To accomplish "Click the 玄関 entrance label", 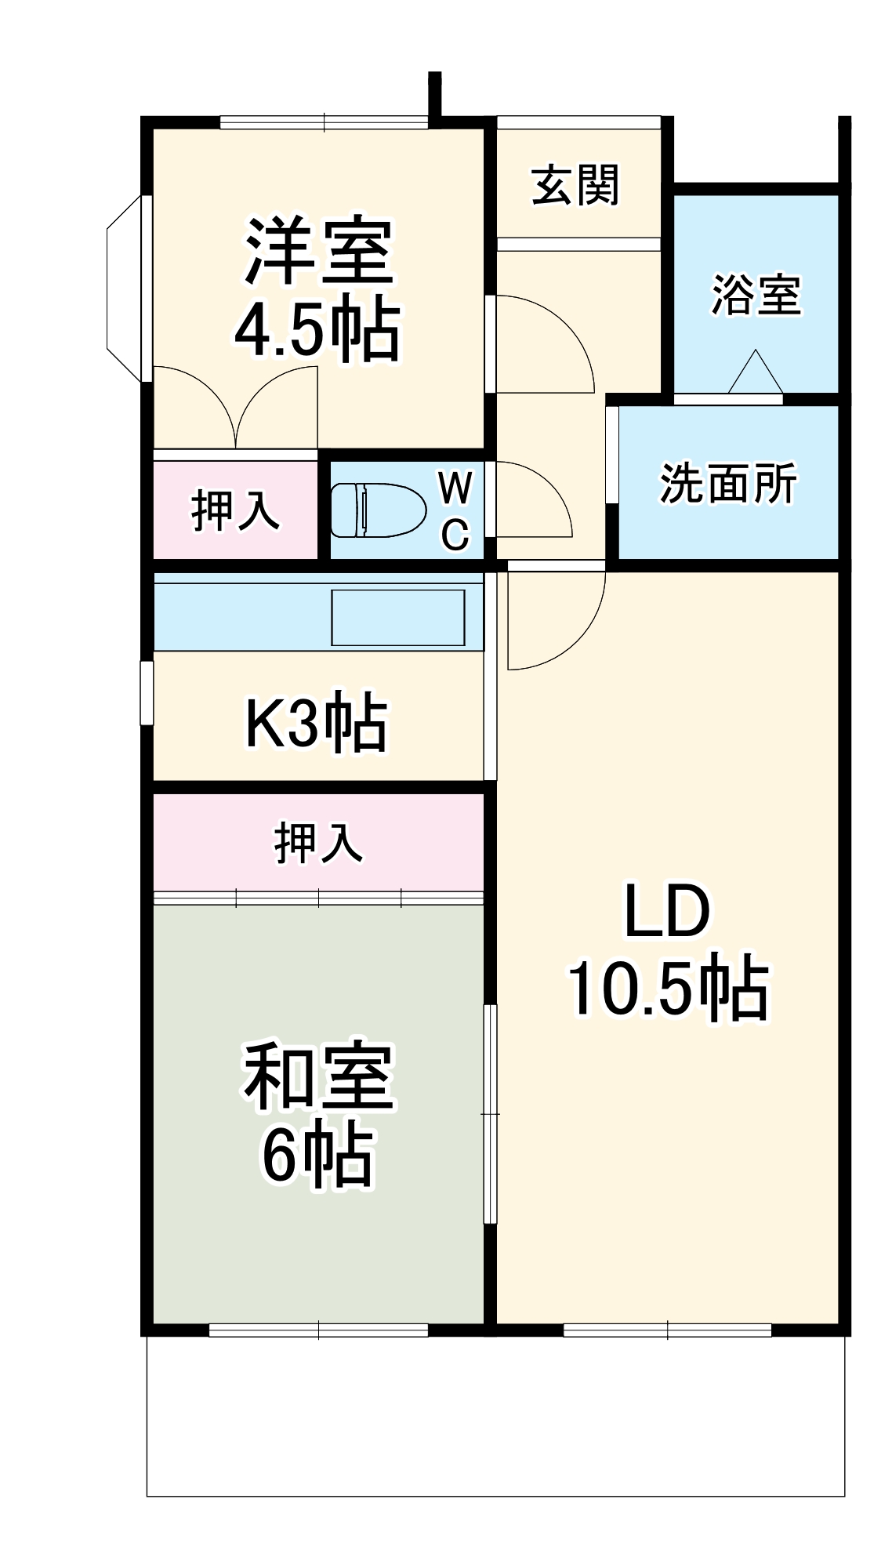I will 575,186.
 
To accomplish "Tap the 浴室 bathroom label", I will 756,295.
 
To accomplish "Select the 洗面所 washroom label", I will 728,483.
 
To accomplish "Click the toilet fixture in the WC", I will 378,510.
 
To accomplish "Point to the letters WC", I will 455,511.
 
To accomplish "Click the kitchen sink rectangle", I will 398,617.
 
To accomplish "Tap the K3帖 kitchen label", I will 316,722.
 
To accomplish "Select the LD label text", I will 667,912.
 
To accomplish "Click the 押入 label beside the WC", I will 234,510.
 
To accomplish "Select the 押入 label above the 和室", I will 318,843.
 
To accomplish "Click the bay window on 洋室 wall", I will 125,289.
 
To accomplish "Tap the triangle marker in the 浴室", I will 756,373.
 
